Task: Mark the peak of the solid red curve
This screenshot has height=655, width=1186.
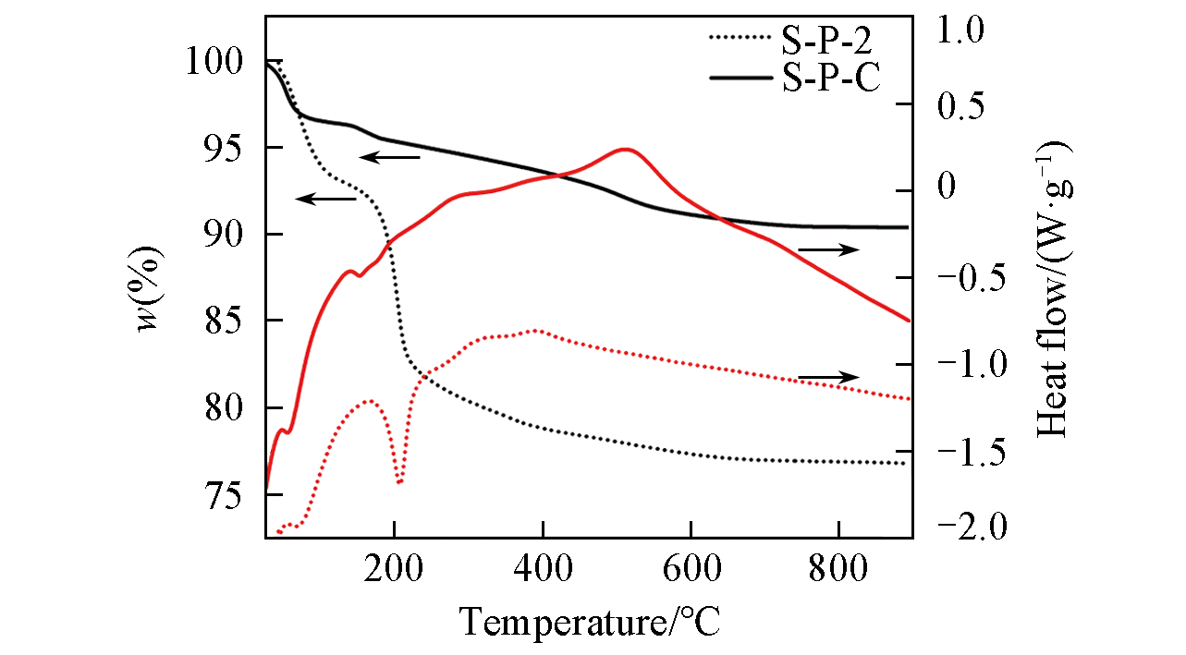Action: pyautogui.click(x=626, y=149)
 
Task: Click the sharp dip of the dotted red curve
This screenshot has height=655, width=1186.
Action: pyautogui.click(x=399, y=482)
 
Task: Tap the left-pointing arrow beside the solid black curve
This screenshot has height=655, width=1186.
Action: pyautogui.click(x=389, y=157)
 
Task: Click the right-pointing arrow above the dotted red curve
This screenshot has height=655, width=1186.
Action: pyautogui.click(x=828, y=377)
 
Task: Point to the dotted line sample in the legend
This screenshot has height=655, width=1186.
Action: pyautogui.click(x=740, y=38)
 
